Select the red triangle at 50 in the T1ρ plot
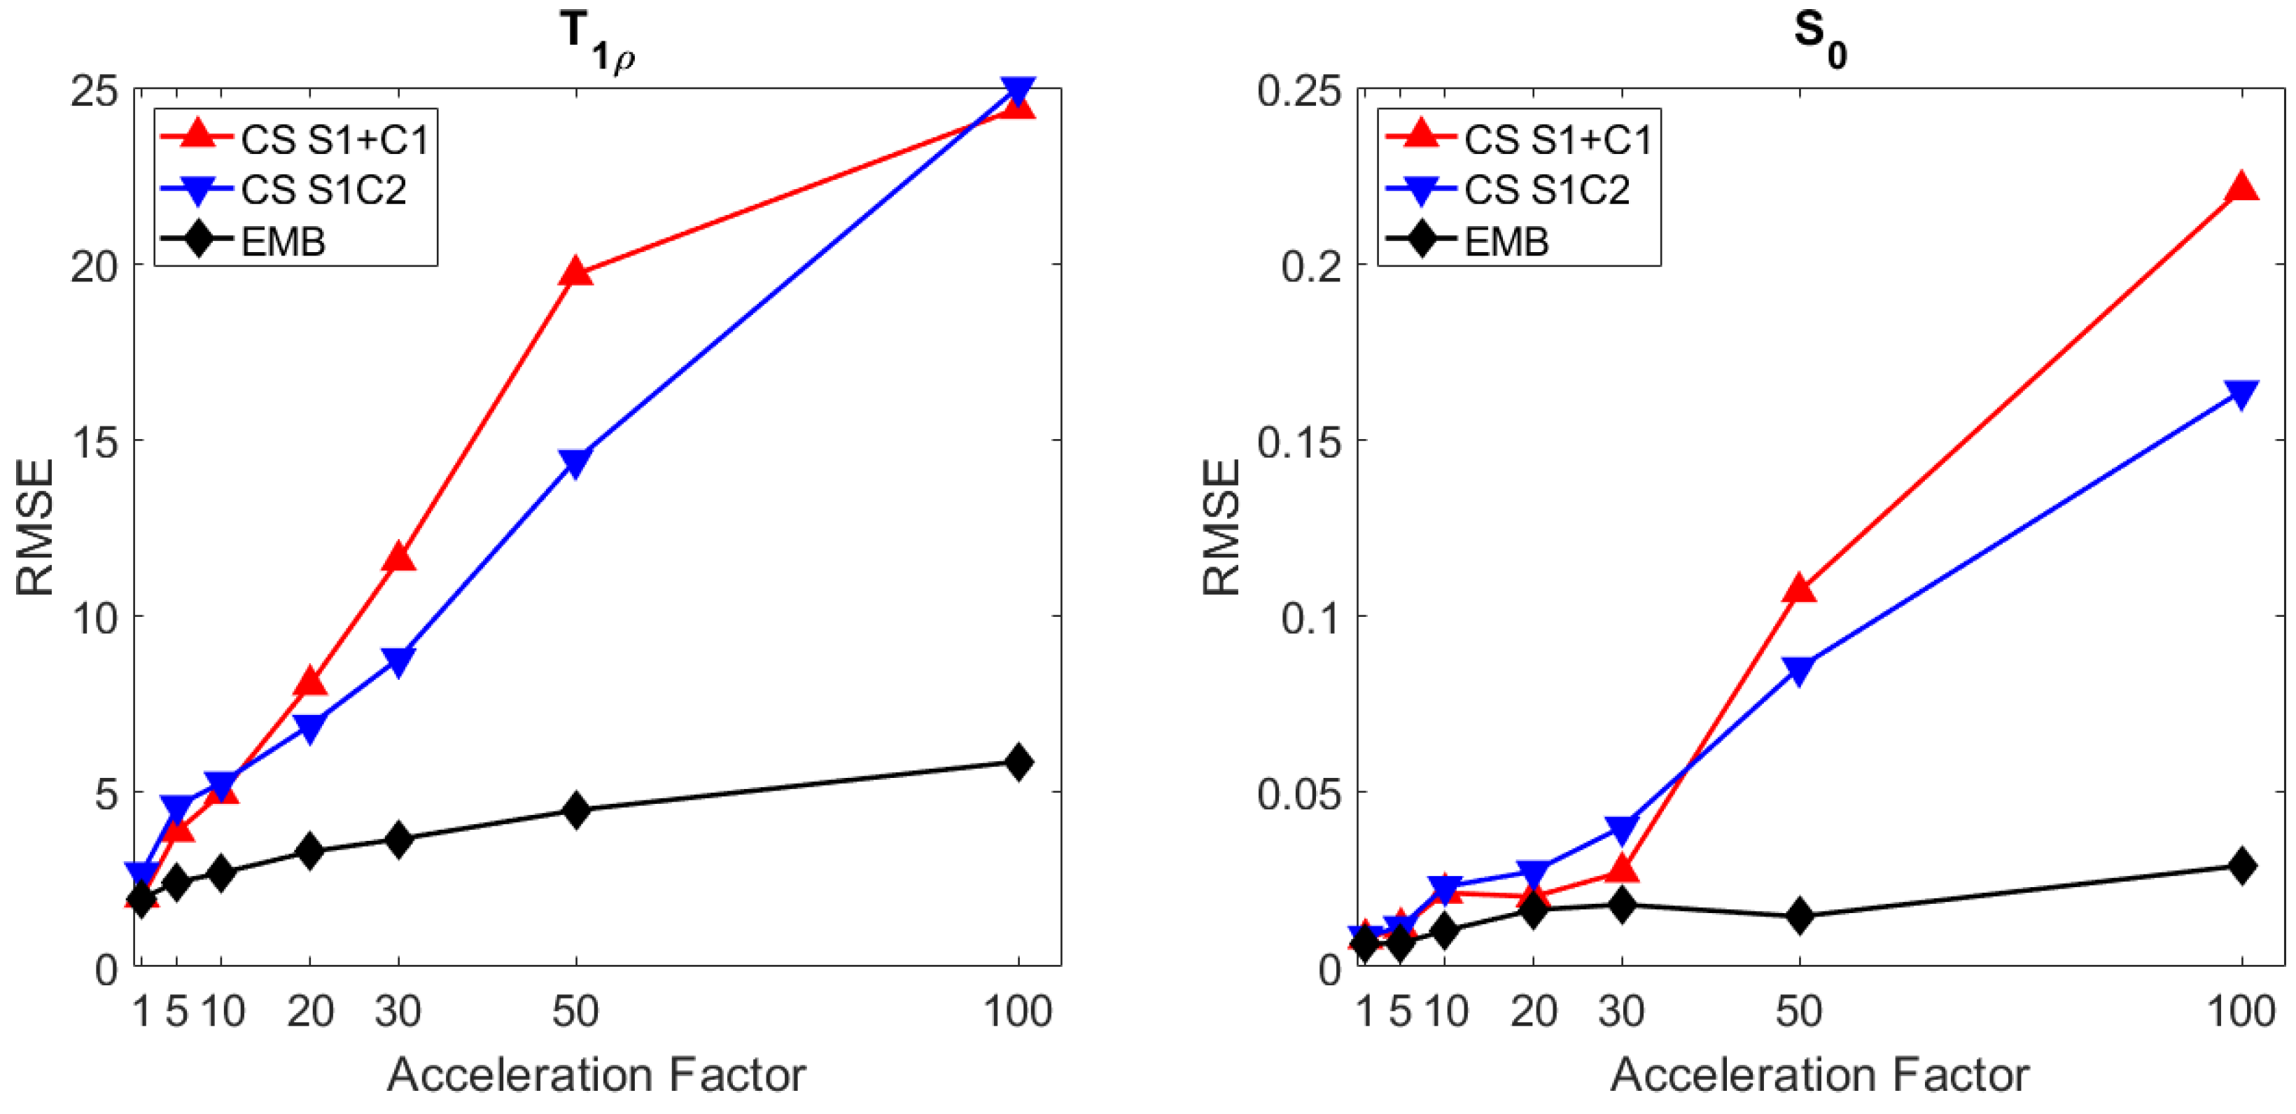click(576, 272)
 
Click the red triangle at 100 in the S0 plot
click(2241, 188)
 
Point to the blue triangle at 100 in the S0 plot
click(2241, 393)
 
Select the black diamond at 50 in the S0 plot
click(1800, 916)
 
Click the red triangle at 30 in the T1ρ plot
click(398, 558)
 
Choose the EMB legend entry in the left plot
click(283, 241)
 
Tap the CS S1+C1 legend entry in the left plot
click(334, 139)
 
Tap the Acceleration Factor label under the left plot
click(596, 1074)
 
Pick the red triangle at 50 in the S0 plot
click(1800, 588)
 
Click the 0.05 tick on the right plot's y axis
click(1298, 791)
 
